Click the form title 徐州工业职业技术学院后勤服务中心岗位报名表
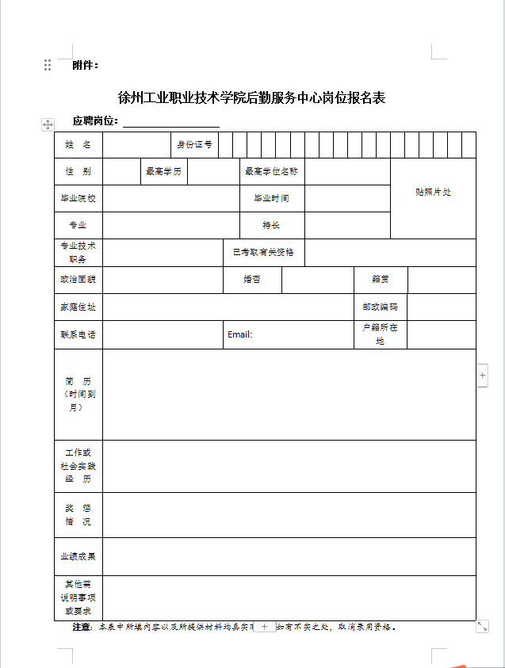click(x=251, y=98)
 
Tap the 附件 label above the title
click(x=85, y=65)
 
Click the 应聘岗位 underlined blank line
click(x=170, y=121)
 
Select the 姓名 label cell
click(x=78, y=145)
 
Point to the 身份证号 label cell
click(x=194, y=145)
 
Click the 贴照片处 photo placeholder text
click(x=433, y=193)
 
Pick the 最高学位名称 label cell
click(x=271, y=171)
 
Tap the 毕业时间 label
click(x=271, y=198)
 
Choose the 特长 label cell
click(x=271, y=225)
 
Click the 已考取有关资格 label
click(x=263, y=252)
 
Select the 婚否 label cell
click(x=252, y=280)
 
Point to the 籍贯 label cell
click(x=381, y=280)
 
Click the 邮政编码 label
click(x=380, y=307)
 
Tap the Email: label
click(x=239, y=334)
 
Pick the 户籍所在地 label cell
click(x=380, y=334)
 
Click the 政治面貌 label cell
click(x=78, y=280)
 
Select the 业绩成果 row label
click(x=78, y=556)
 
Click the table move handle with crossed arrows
click(x=48, y=124)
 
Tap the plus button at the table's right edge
click(x=482, y=376)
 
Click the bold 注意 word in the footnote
click(x=82, y=627)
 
